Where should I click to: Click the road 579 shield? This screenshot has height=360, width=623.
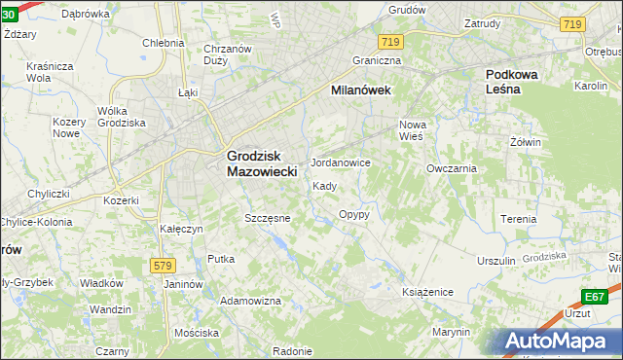click(163, 265)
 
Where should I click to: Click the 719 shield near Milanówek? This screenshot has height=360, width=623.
click(391, 41)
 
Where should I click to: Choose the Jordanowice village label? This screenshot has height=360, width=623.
click(340, 162)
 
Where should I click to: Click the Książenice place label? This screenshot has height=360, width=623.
click(429, 291)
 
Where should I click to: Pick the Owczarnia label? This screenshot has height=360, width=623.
click(451, 167)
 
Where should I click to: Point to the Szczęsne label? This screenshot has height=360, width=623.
click(268, 218)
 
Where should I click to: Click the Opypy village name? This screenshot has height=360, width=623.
click(353, 214)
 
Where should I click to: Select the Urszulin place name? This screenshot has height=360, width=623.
click(495, 261)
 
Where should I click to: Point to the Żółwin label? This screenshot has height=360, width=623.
click(525, 142)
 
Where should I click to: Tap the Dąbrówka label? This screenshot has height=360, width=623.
click(85, 14)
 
